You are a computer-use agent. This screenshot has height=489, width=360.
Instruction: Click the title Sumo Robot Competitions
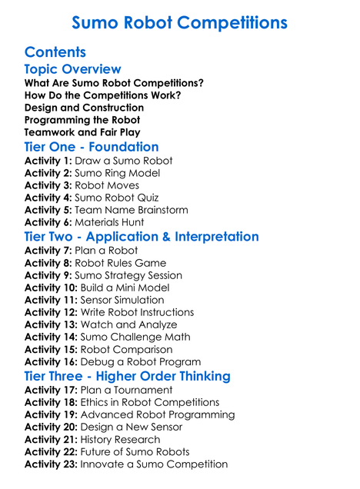pyautogui.click(x=179, y=22)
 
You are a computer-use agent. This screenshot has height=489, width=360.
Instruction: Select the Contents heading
pyautogui.click(x=55, y=53)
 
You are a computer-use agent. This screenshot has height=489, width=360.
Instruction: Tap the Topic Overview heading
pyautogui.click(x=72, y=70)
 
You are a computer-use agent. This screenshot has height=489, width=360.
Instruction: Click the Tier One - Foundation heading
pyautogui.click(x=92, y=147)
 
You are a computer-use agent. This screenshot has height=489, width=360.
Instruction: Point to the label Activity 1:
pyautogui.click(x=48, y=161)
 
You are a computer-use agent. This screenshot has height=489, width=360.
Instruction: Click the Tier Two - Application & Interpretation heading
pyautogui.click(x=142, y=236)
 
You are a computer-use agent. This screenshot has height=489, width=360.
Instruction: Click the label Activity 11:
pyautogui.click(x=51, y=300)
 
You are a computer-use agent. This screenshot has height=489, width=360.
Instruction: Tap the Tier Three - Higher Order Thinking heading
pyautogui.click(x=127, y=376)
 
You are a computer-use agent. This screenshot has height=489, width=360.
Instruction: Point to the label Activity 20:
pyautogui.click(x=51, y=427)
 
